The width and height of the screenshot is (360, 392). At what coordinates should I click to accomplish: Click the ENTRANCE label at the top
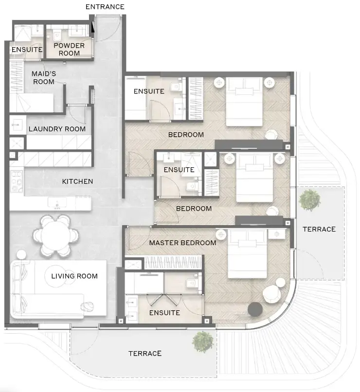(x=105, y=7)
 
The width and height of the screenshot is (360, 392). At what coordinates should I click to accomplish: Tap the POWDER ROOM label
(x=69, y=49)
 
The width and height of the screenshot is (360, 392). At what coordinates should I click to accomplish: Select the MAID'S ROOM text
(x=44, y=77)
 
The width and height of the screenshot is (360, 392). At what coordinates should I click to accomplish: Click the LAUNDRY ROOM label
(x=57, y=129)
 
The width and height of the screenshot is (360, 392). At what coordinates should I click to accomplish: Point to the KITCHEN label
(x=77, y=181)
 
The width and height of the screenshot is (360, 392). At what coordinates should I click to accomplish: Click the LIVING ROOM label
(x=74, y=276)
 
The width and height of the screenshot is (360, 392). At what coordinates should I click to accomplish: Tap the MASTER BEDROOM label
(x=182, y=243)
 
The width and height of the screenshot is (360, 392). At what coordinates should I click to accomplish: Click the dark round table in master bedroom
(x=254, y=309)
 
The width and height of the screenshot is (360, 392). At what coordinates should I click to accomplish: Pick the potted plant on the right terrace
(x=309, y=199)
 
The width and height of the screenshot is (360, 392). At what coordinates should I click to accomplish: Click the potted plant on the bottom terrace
(x=202, y=342)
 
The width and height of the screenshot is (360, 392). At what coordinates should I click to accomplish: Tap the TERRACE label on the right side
(x=319, y=229)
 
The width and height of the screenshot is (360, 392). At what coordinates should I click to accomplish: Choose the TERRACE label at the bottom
(x=145, y=353)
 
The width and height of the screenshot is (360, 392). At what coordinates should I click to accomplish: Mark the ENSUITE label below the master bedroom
(x=164, y=313)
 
